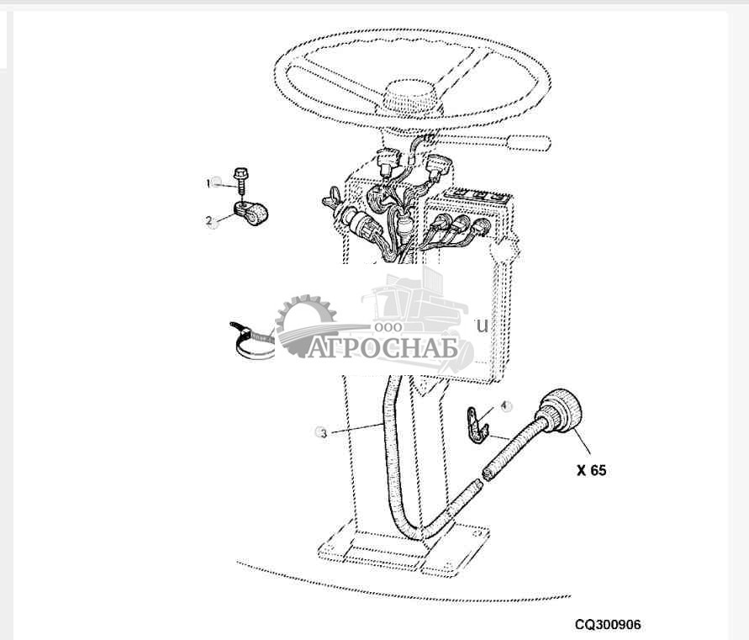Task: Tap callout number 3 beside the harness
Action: click(320, 432)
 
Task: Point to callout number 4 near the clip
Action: click(505, 405)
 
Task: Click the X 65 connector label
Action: click(591, 470)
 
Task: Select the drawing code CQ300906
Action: click(608, 625)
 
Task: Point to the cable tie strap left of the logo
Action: click(252, 341)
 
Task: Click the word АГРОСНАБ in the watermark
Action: click(382, 347)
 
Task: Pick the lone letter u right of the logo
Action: click(482, 325)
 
